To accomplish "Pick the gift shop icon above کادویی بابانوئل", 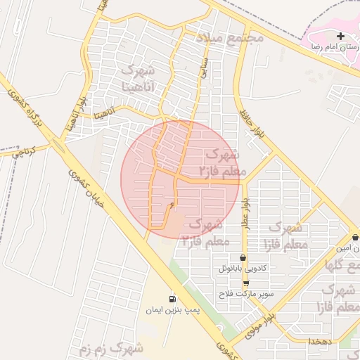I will pyautogui.click(x=243, y=258).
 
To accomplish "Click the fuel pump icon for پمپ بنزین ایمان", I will pyautogui.click(x=172, y=299).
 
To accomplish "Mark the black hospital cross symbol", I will pyautogui.click(x=340, y=36).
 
